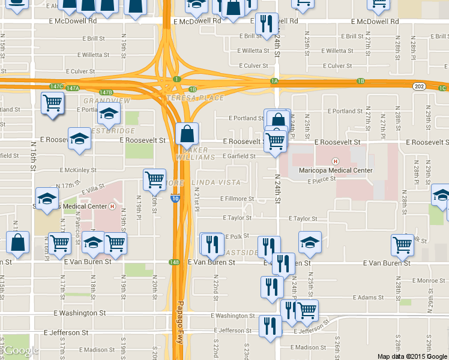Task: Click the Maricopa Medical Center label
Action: click(x=335, y=170)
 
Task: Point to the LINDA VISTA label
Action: click(x=216, y=182)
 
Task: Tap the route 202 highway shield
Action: click(x=419, y=86)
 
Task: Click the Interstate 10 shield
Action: click(x=174, y=199)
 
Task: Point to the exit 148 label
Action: click(x=174, y=262)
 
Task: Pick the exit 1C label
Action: click(x=442, y=89)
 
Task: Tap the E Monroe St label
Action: click(x=429, y=280)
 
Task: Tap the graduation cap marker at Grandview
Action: click(x=109, y=113)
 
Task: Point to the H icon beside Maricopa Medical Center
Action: click(x=336, y=161)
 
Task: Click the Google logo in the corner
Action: click(x=21, y=350)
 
